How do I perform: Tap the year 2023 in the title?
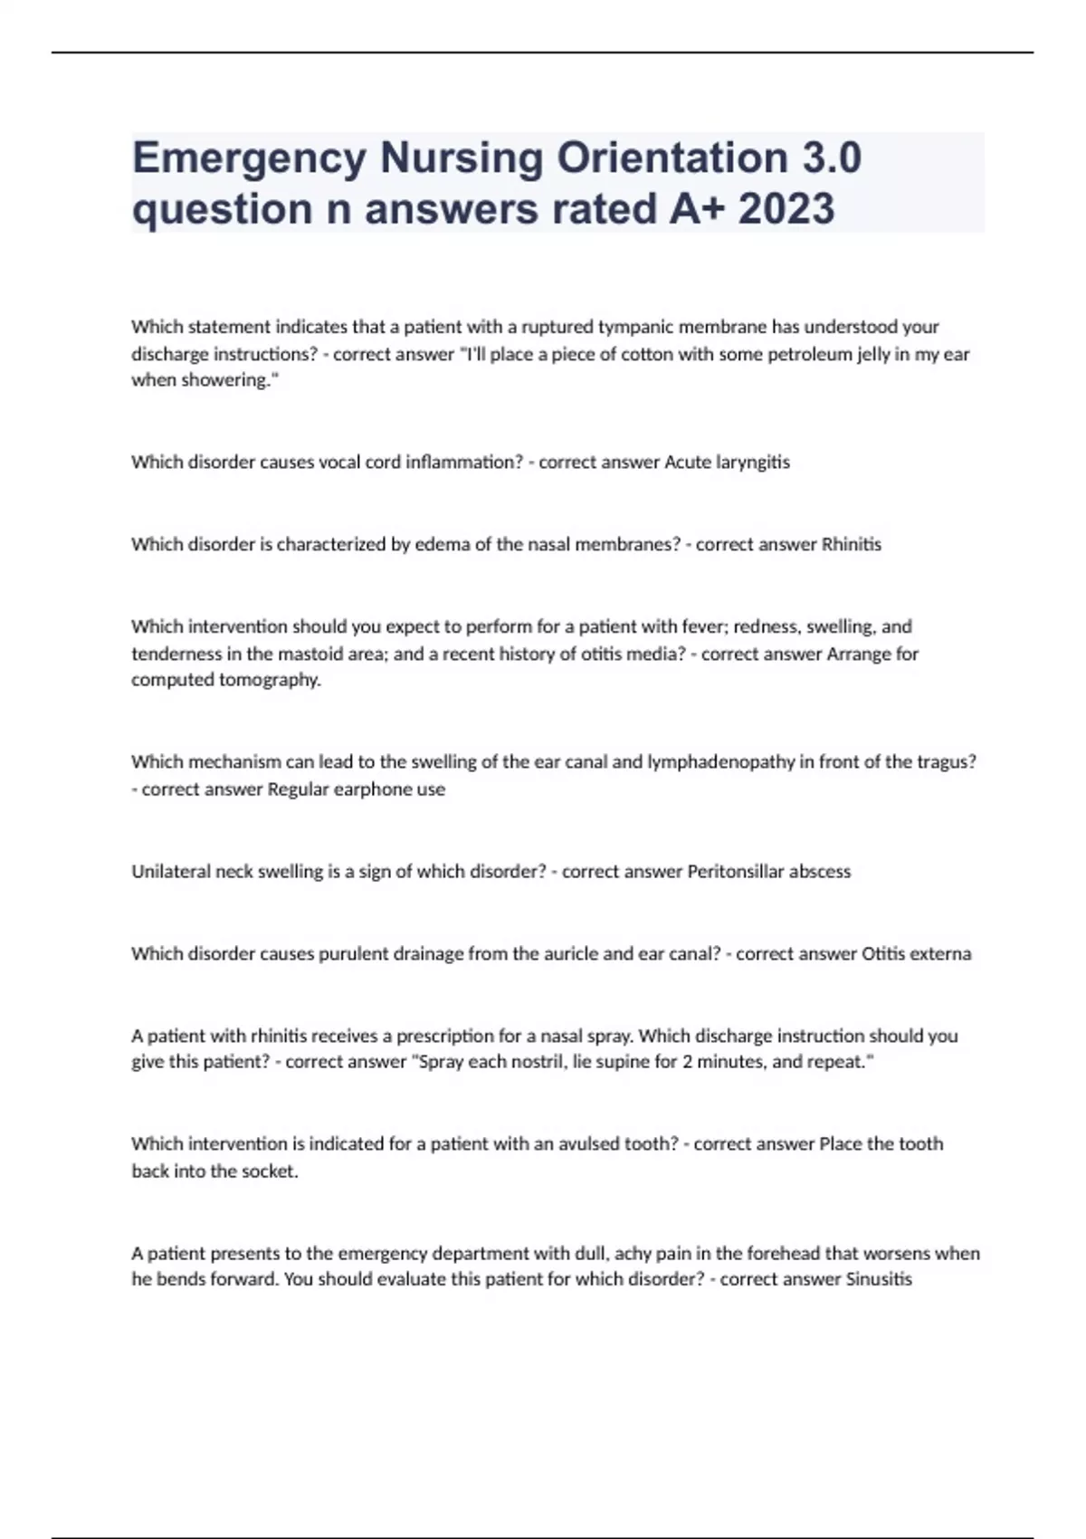[x=786, y=209]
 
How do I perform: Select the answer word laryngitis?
[x=753, y=463]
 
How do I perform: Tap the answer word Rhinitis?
[x=851, y=545]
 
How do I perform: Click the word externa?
[x=940, y=954]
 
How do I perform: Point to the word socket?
[x=270, y=1171]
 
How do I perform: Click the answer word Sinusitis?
[x=879, y=1280]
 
